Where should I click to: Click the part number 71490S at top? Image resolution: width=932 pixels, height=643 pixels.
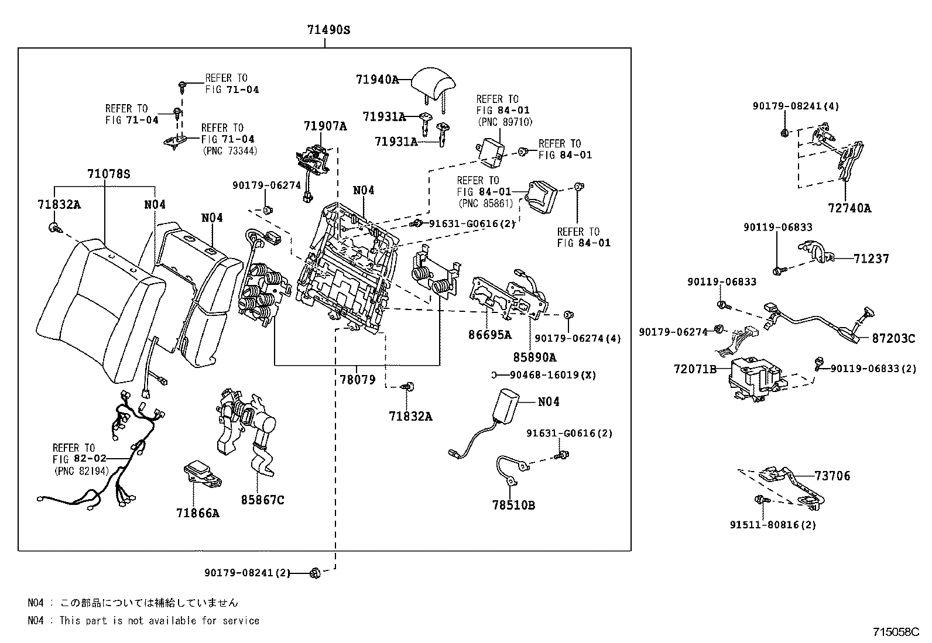[328, 29]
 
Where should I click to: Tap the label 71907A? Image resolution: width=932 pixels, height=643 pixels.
[325, 126]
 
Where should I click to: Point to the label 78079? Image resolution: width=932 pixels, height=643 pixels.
[357, 380]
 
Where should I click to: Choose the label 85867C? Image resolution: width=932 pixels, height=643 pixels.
[263, 500]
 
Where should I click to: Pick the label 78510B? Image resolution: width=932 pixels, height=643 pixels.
[513, 505]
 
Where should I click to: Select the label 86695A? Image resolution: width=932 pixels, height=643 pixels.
[490, 335]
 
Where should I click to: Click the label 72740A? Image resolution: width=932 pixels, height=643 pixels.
[849, 208]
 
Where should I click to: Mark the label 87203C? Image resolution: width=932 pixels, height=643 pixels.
[893, 338]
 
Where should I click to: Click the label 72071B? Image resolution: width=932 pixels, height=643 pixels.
[695, 370]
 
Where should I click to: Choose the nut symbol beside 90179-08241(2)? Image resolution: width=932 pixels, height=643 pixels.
[314, 572]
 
